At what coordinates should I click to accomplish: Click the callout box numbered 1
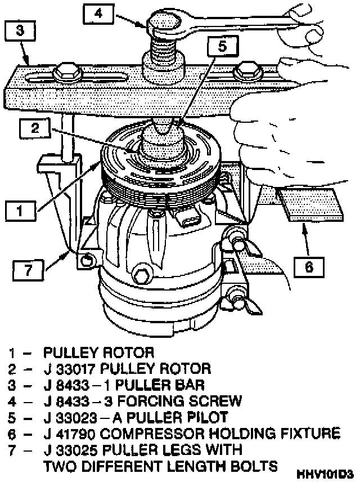click(x=19, y=212)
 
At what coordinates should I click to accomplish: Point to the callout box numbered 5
click(x=222, y=47)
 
